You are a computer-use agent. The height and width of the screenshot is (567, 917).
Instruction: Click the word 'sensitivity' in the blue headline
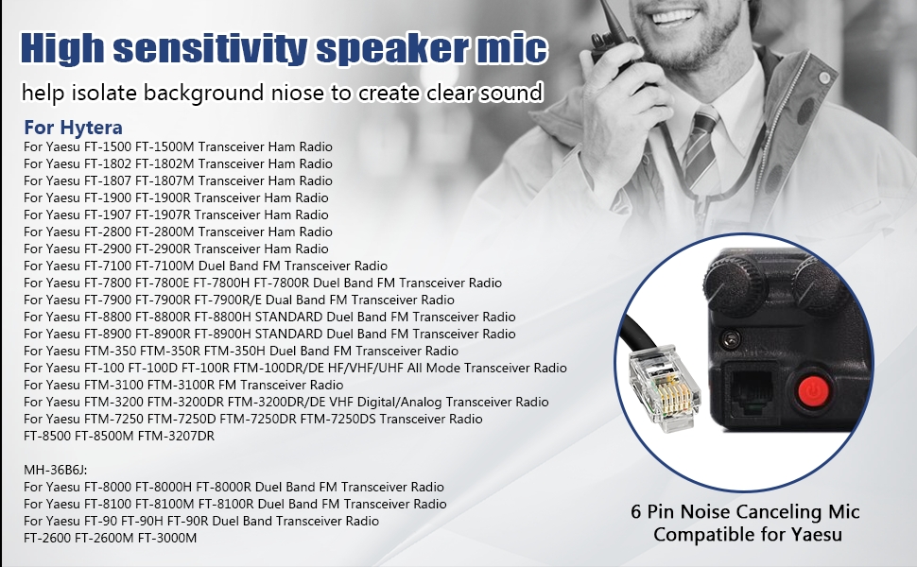[x=208, y=48]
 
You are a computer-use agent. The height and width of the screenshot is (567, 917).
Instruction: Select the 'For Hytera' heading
[x=73, y=128]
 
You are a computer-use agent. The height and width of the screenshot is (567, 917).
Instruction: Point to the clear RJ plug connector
[x=665, y=387]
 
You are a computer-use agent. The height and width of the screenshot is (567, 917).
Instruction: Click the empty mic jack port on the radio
[x=752, y=390]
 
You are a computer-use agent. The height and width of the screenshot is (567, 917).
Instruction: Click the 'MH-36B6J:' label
[x=56, y=470]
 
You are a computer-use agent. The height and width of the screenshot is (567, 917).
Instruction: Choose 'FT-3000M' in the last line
[x=167, y=538]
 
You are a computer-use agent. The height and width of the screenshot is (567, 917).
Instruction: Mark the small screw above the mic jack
[x=730, y=338]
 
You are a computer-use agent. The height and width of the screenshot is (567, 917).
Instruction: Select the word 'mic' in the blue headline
[x=511, y=48]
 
